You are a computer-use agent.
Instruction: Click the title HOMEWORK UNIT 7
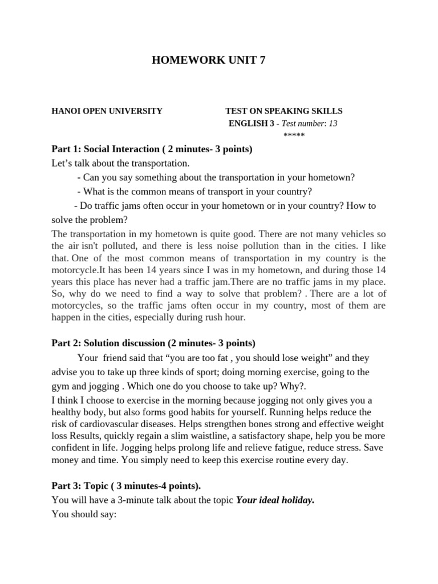point(208,61)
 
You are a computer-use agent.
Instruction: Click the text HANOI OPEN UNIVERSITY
point(107,111)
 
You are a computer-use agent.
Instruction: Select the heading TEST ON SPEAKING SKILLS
point(284,111)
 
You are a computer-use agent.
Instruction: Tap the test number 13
point(332,123)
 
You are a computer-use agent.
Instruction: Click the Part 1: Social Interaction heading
point(152,149)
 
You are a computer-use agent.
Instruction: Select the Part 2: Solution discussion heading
point(153,343)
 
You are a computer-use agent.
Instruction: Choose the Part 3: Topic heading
point(126,486)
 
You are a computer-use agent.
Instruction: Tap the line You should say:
point(84,514)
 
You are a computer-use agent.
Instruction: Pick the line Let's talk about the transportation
point(120,164)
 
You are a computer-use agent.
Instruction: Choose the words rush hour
point(226,318)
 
